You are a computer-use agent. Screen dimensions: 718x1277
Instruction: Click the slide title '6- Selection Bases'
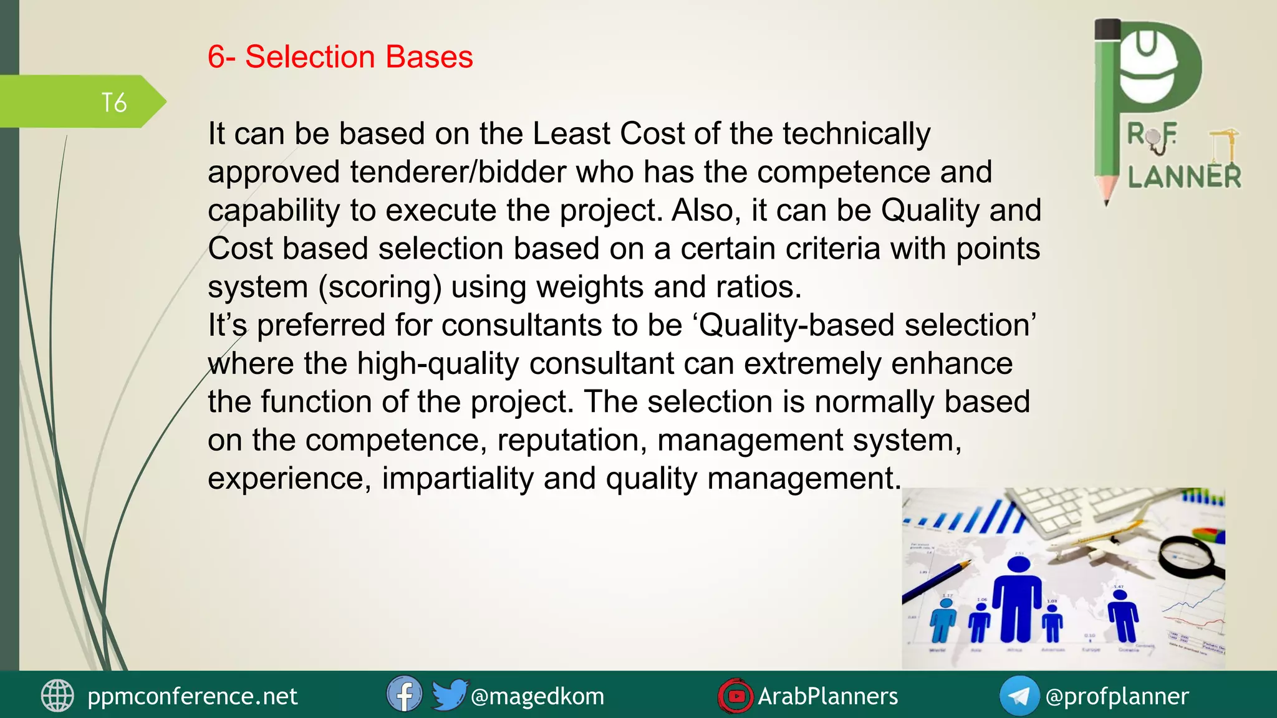tap(340, 57)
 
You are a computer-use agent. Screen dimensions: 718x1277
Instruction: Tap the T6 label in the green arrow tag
tap(114, 103)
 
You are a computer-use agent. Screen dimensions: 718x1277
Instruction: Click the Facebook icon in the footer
tap(404, 694)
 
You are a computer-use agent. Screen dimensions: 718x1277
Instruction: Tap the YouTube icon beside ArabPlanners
tap(736, 696)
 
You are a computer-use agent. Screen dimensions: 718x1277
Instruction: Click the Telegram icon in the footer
tap(1019, 696)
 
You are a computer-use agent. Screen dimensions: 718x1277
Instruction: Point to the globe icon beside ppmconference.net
tap(57, 696)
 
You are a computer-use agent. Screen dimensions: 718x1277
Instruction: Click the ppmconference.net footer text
tap(192, 696)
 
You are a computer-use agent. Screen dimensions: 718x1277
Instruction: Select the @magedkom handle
tap(537, 696)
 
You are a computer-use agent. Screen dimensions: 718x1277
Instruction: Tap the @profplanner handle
tap(1117, 696)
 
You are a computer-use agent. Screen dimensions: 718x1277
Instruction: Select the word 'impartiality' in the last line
tap(458, 479)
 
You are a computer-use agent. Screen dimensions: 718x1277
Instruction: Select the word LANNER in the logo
tap(1184, 177)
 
